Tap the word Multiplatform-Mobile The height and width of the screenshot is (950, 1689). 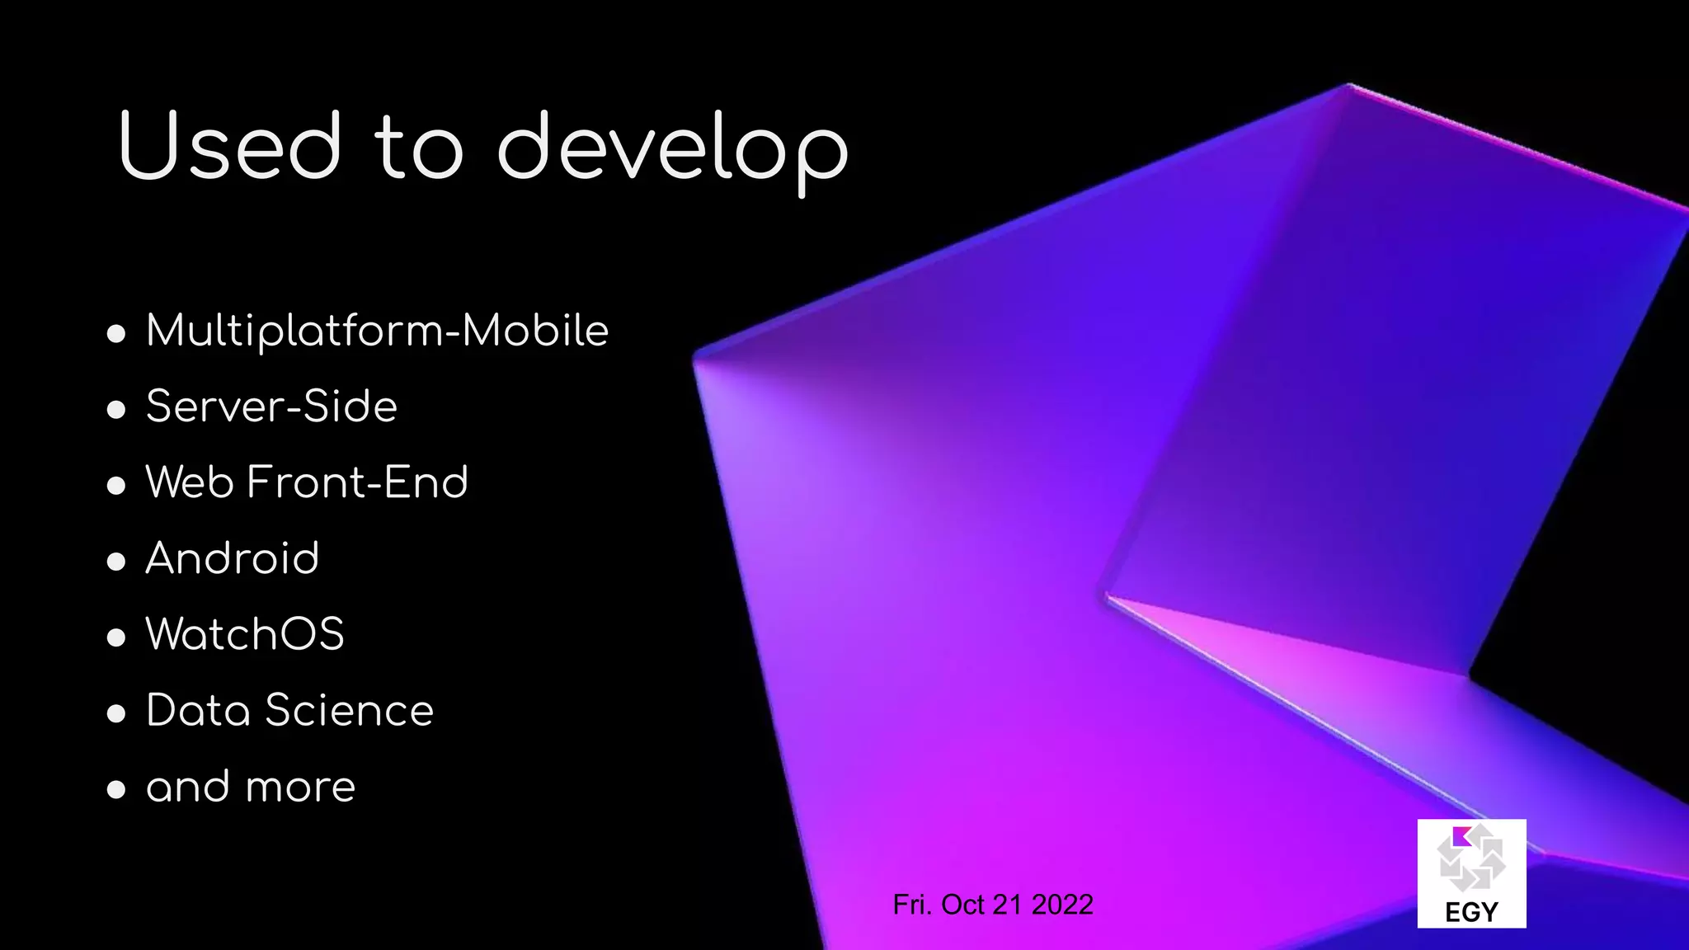[x=377, y=332]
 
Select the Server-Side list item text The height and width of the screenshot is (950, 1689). [x=271, y=407]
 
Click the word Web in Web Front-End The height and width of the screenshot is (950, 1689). [x=190, y=482]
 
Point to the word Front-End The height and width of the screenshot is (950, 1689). [x=357, y=482]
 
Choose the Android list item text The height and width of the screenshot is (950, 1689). [x=233, y=558]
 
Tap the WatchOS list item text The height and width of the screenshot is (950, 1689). [x=245, y=634]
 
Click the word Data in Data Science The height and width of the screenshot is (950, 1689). [x=198, y=710]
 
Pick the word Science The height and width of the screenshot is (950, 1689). [x=349, y=710]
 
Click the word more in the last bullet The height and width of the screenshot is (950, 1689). [x=301, y=788]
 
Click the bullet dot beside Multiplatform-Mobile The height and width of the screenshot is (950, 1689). [x=116, y=334]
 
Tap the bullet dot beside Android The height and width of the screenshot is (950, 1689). [x=116, y=562]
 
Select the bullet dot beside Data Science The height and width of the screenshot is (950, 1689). [x=116, y=713]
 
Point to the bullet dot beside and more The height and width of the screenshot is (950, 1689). [x=116, y=789]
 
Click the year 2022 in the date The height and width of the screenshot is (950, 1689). [x=1062, y=905]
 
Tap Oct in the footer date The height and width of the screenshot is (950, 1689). [x=962, y=905]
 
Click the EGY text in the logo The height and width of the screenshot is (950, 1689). [x=1471, y=912]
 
